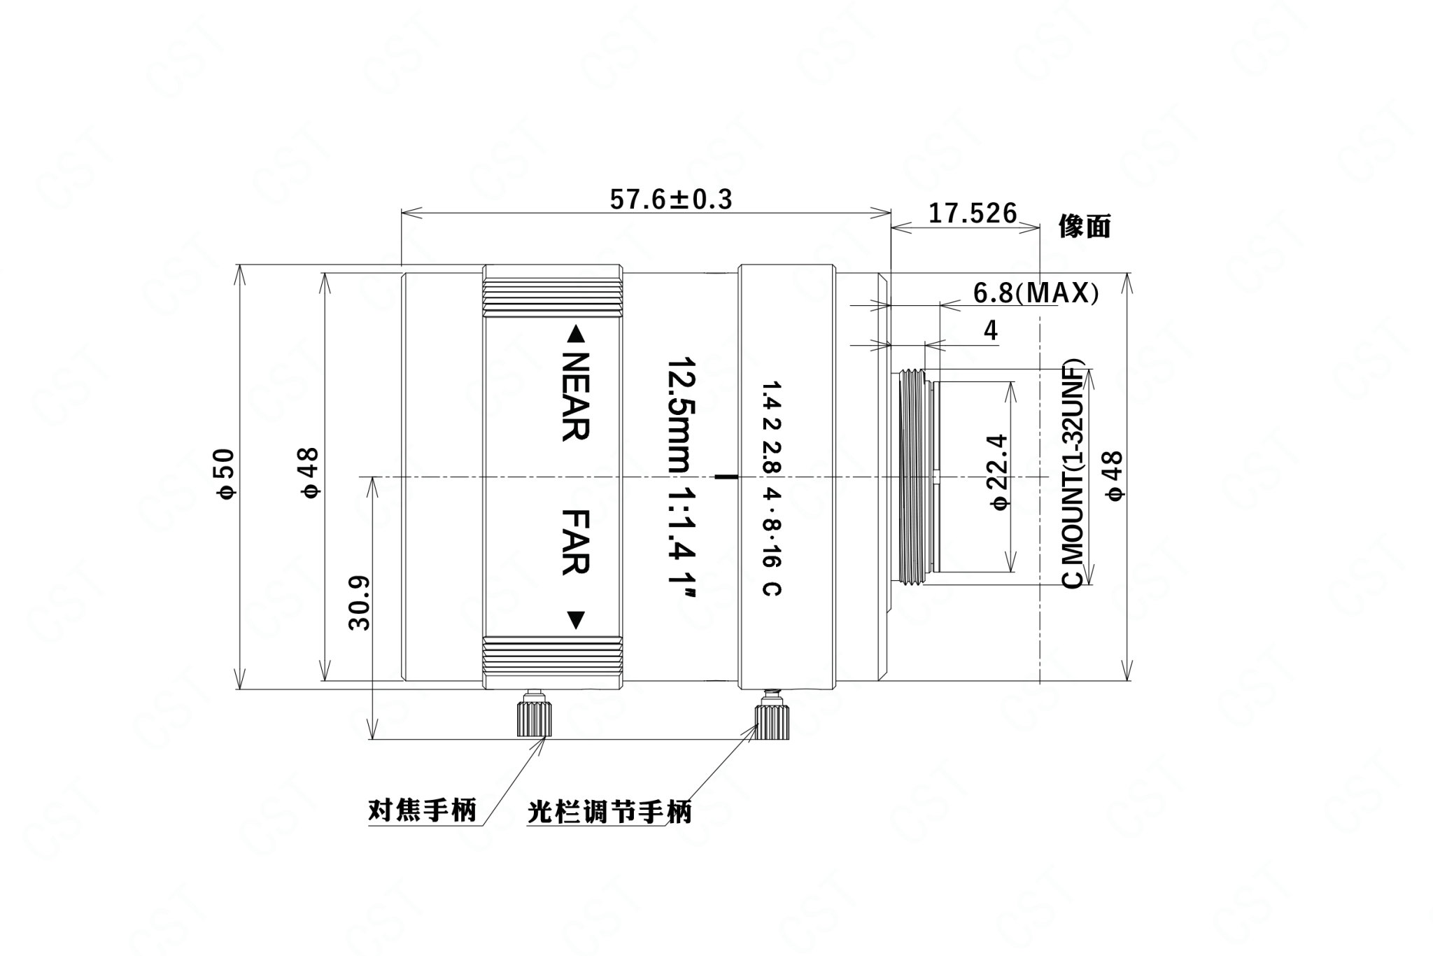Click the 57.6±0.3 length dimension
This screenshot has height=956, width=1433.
(671, 199)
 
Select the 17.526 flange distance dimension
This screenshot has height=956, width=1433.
(973, 213)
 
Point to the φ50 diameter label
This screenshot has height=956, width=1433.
(228, 474)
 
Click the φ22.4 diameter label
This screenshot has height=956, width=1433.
(999, 472)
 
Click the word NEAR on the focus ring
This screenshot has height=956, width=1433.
(575, 396)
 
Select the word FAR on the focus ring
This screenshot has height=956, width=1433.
(575, 542)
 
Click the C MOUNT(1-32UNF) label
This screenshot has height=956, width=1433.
(1073, 474)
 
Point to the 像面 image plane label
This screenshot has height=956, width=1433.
(1084, 227)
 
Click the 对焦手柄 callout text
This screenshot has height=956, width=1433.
(422, 810)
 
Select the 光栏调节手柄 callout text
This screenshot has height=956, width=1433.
(610, 812)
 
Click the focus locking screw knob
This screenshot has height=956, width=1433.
(533, 715)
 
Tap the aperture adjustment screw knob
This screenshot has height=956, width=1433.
(771, 715)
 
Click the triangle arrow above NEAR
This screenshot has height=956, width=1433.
(575, 334)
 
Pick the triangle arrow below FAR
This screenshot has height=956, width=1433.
(575, 620)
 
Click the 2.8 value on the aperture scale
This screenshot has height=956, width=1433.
(772, 458)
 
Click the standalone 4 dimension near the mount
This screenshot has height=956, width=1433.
(991, 330)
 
